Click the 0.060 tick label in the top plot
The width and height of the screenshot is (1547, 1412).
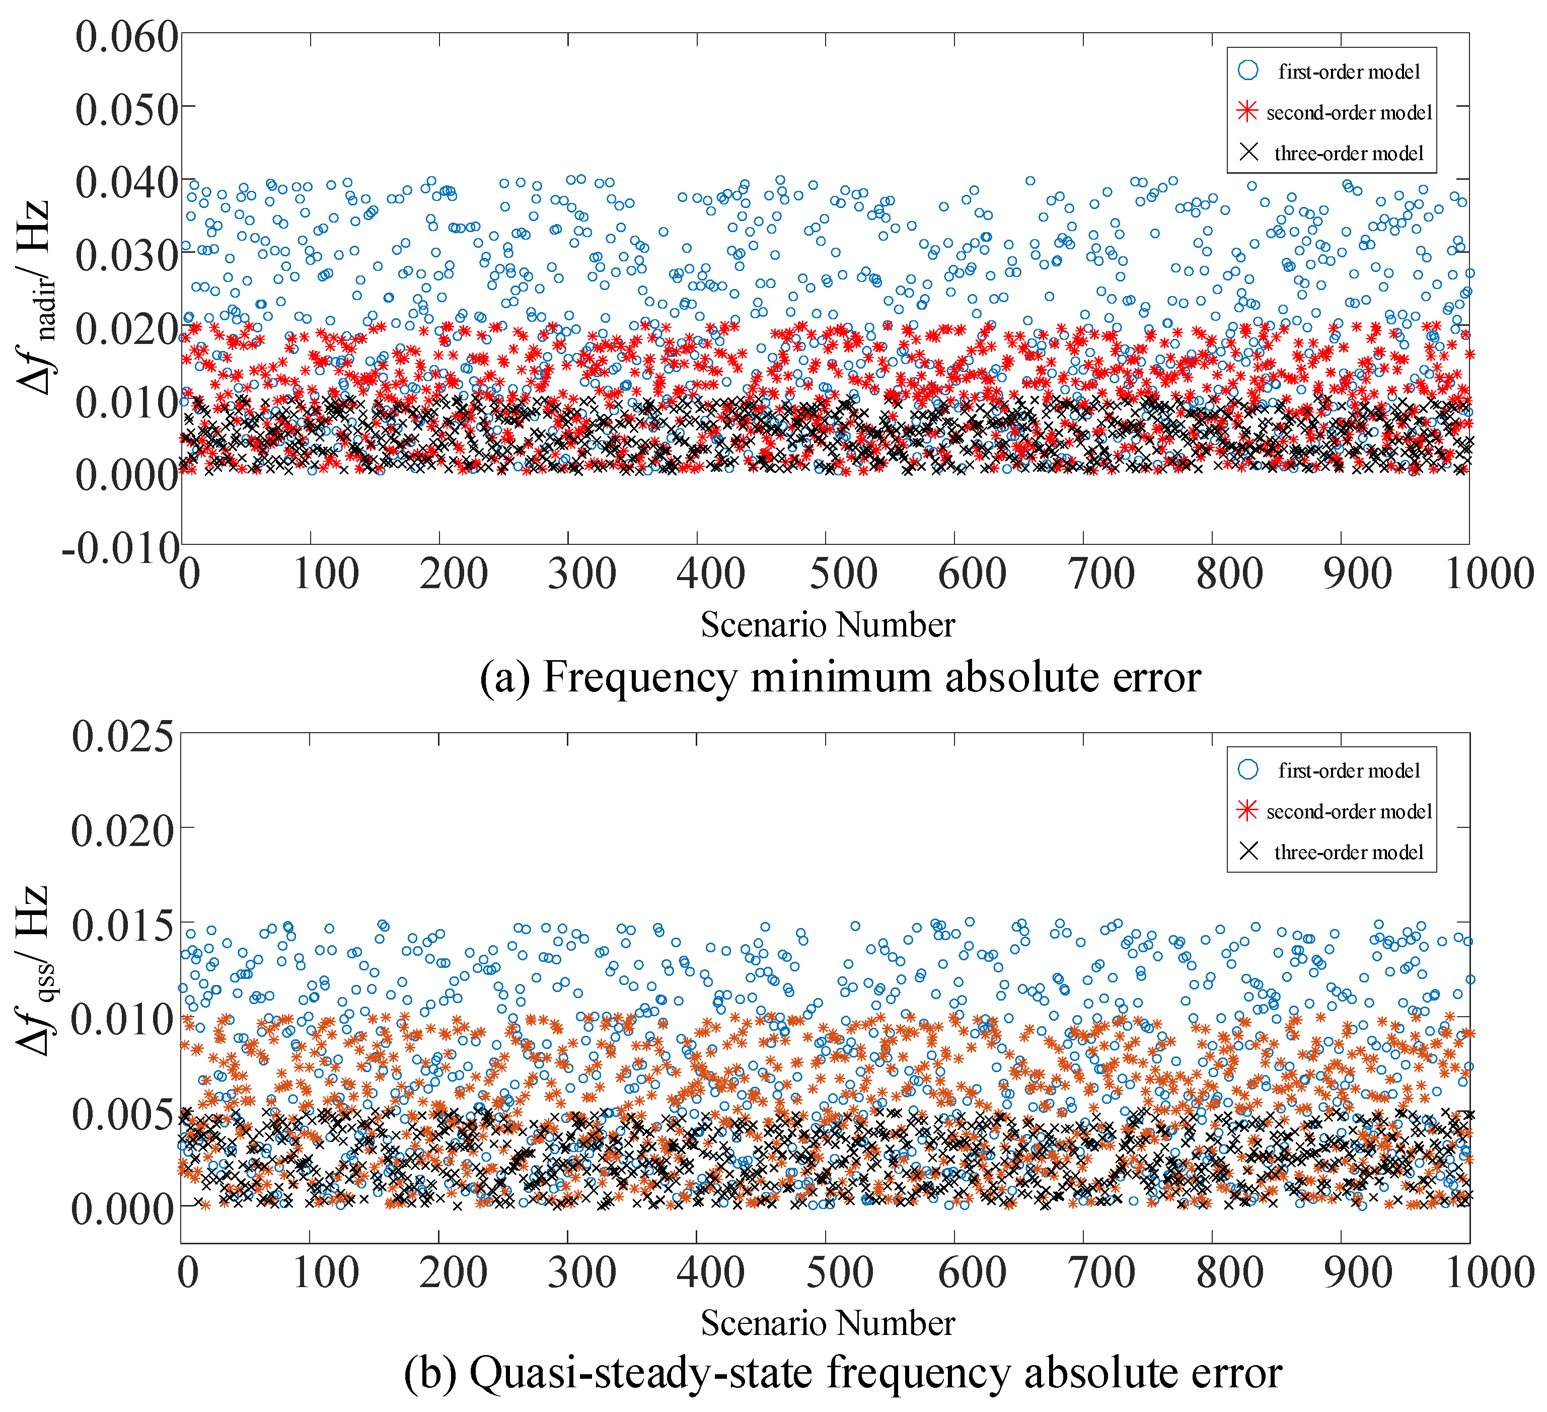(x=127, y=37)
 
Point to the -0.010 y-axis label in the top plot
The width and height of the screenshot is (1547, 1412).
(x=120, y=549)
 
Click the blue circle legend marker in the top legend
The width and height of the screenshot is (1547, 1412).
(x=1248, y=70)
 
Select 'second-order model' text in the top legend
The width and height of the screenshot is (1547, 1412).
(x=1349, y=113)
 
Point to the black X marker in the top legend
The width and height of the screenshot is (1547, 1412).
(x=1248, y=153)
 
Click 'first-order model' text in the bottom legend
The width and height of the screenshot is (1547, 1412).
(x=1349, y=770)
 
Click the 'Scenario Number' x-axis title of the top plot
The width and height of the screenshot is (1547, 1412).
(x=827, y=624)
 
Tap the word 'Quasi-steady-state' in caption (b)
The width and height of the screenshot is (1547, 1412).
(x=641, y=1373)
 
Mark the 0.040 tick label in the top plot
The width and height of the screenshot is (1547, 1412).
(x=127, y=183)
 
